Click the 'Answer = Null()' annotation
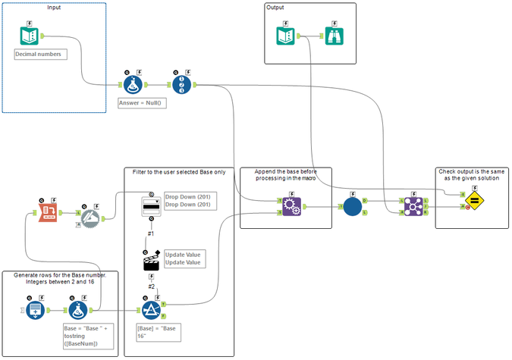pyautogui.click(x=142, y=102)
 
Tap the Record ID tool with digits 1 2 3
pyautogui.click(x=182, y=83)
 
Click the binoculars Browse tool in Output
pyautogui.click(x=335, y=36)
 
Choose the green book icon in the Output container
pyautogui.click(x=291, y=36)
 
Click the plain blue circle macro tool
pyautogui.click(x=351, y=206)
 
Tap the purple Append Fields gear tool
pyautogui.click(x=291, y=206)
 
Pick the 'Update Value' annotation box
pyautogui.click(x=182, y=258)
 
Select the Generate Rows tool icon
pyautogui.click(x=33, y=310)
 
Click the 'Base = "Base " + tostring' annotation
pyautogui.click(x=90, y=338)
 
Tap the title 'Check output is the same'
pyautogui.click(x=471, y=171)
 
